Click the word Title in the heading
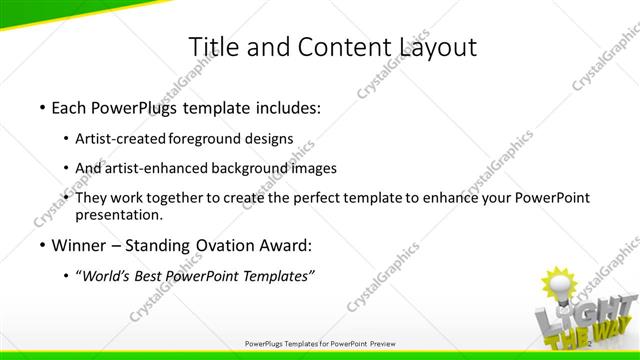tap(212, 46)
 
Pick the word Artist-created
tap(121, 139)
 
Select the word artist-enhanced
tap(156, 168)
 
